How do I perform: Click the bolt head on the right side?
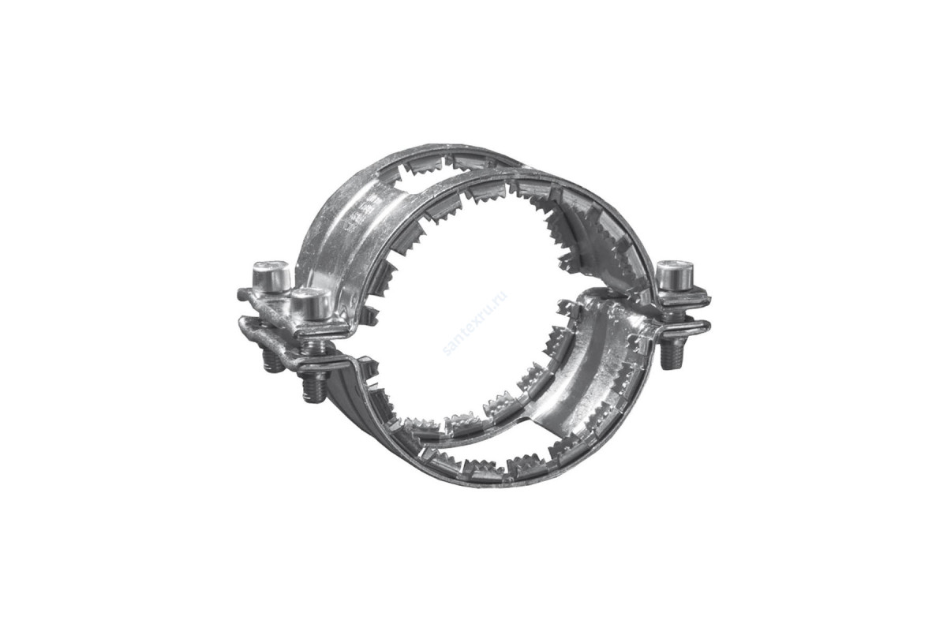tap(676, 274)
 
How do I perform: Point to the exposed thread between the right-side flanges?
tap(672, 314)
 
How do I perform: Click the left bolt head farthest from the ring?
tap(271, 277)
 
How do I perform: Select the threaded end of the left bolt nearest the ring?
tap(313, 386)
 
